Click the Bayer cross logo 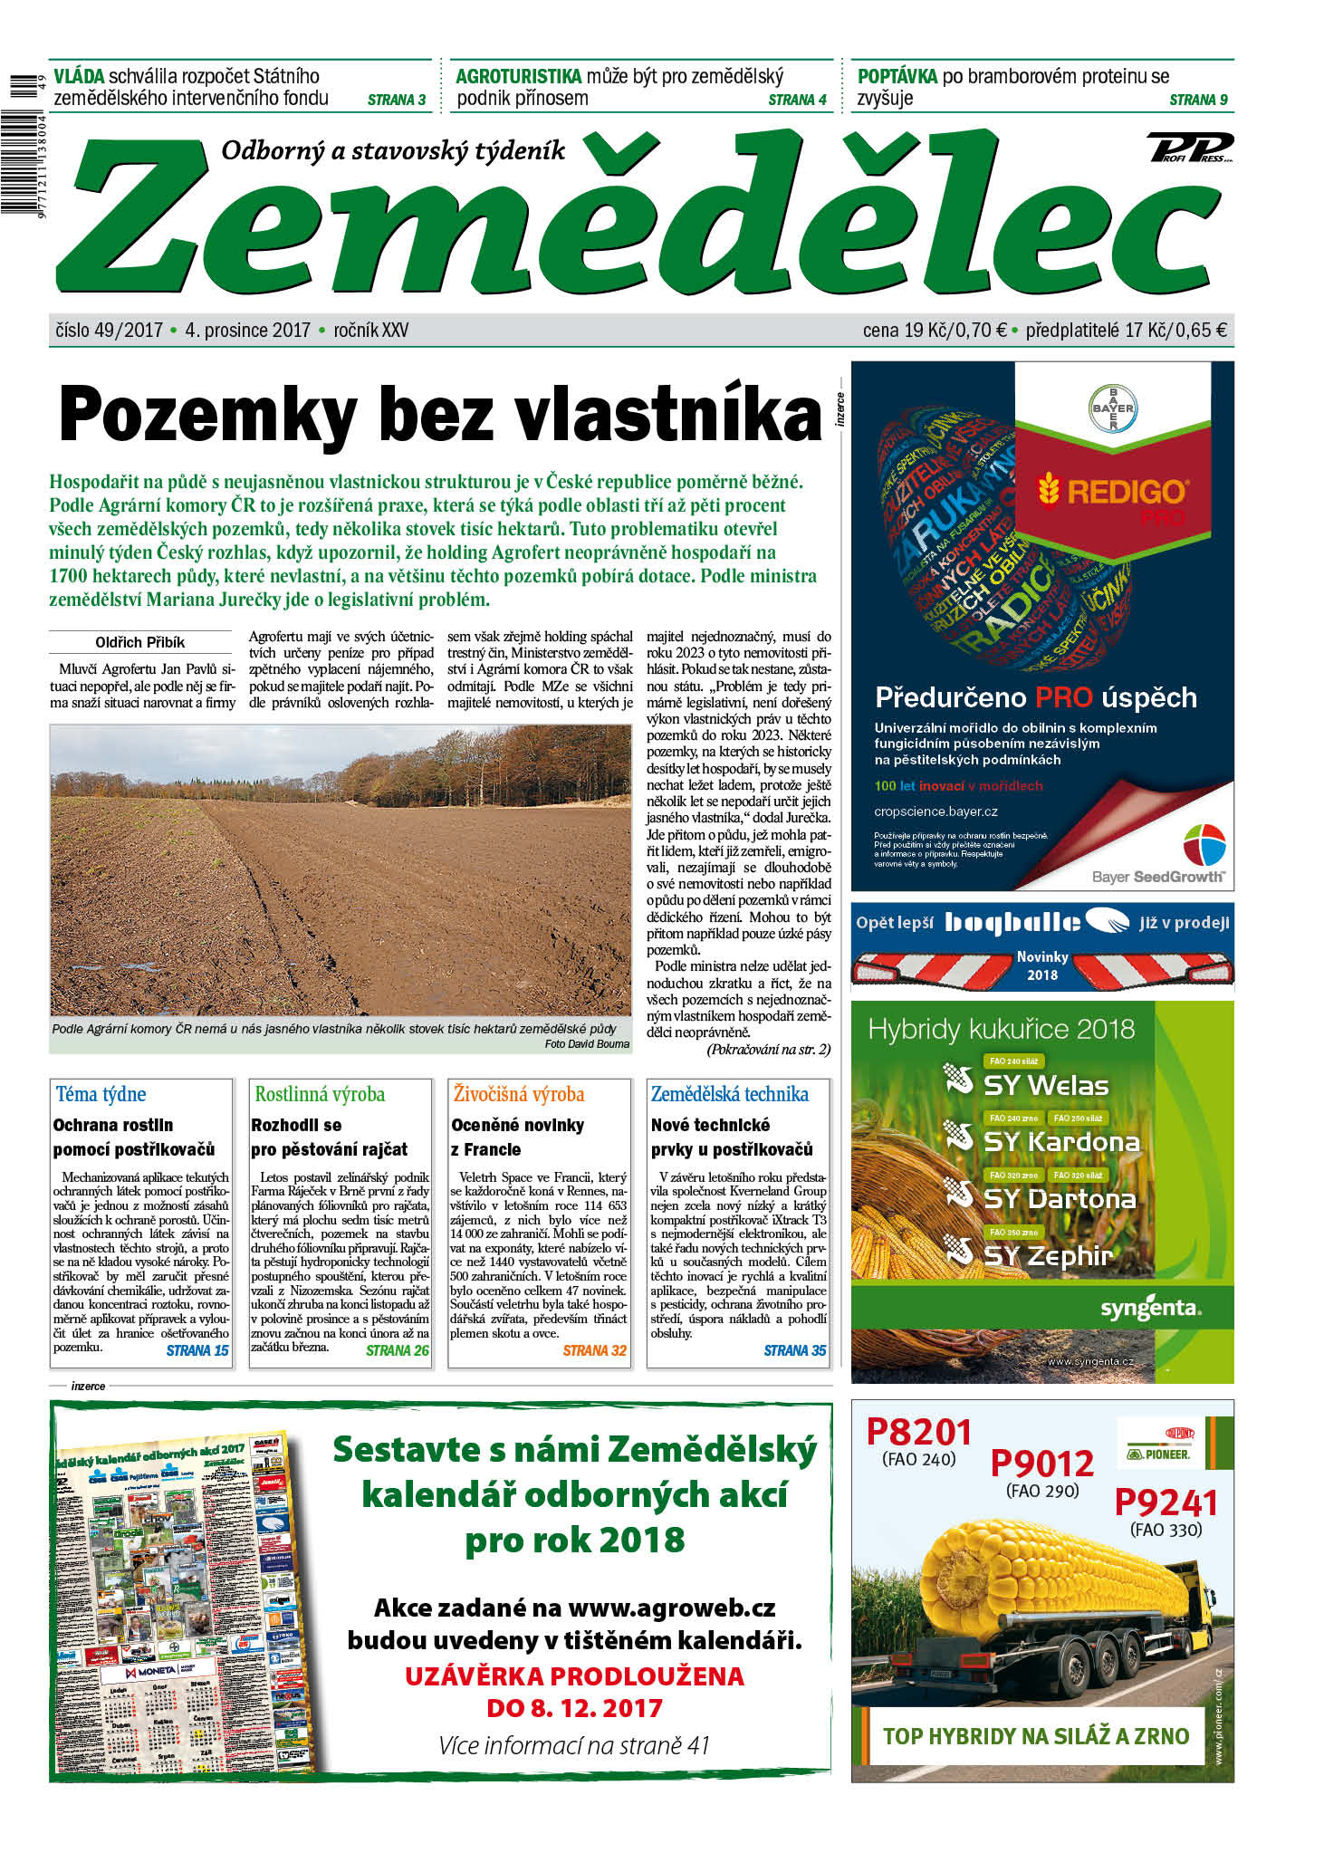1112,408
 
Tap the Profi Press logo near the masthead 1190,148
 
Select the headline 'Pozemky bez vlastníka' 440,414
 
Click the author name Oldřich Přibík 139,642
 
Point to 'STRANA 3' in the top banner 397,100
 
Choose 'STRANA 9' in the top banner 1198,100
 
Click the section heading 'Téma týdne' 101,1094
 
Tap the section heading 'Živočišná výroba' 518,1094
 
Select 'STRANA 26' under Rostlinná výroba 397,1350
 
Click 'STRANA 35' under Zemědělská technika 794,1350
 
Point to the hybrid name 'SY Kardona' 1060,1142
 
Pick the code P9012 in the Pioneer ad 1041,1463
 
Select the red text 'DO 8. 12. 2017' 574,1708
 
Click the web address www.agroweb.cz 671,1608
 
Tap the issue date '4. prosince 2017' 247,331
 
